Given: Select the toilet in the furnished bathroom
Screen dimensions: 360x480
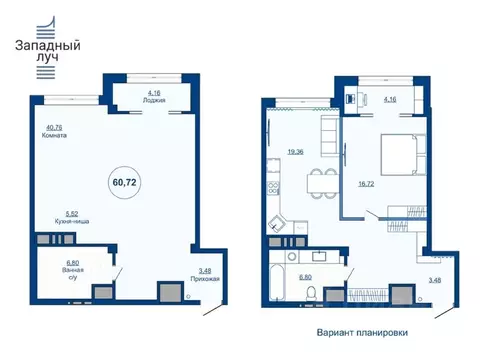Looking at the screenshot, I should click(313, 292).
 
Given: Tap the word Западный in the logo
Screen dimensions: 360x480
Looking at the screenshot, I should click(47, 45).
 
